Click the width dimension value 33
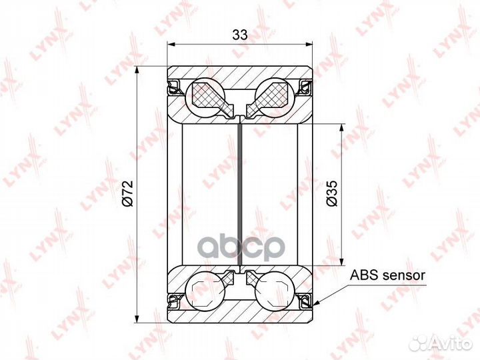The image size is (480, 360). [240, 35]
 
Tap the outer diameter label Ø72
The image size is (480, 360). [127, 193]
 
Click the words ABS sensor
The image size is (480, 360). [387, 275]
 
